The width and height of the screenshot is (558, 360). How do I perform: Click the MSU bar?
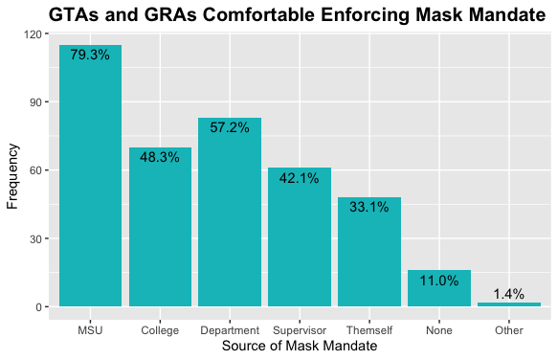(90, 176)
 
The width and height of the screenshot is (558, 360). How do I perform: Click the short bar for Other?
(509, 304)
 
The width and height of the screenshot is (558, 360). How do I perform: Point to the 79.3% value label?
(90, 56)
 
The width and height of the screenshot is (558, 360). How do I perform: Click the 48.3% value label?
(160, 157)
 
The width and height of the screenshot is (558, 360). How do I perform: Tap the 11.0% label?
(439, 281)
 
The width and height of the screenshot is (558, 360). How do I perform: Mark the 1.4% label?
(509, 294)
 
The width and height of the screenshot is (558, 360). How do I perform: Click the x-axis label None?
(439, 330)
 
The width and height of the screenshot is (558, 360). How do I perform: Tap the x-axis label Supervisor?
(300, 330)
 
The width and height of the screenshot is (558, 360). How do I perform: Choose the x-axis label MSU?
(90, 330)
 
